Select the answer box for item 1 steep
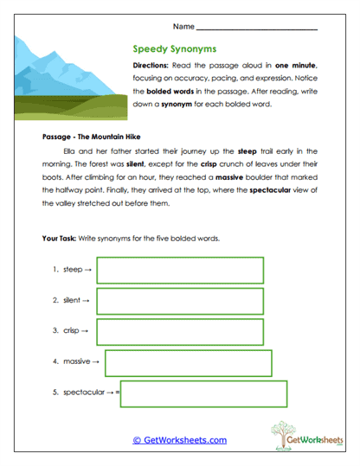[x=179, y=270]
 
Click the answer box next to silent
[x=179, y=301]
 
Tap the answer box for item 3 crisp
[x=179, y=331]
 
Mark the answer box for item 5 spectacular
[x=204, y=393]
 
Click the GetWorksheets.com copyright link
[x=179, y=440]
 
